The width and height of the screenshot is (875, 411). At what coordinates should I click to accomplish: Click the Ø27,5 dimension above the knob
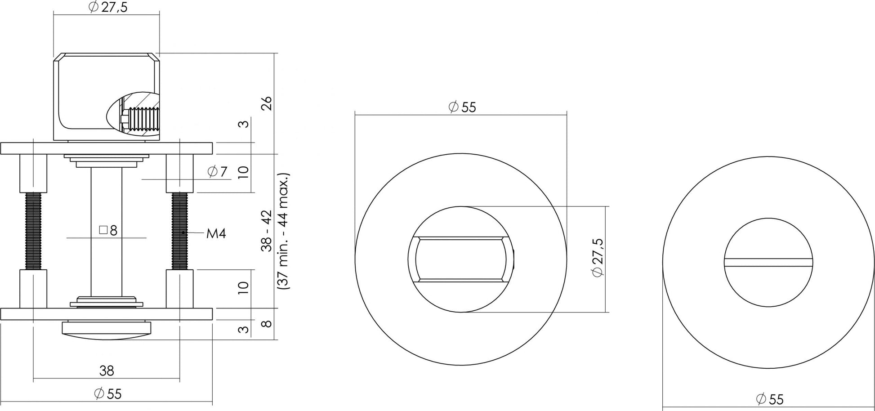click(x=108, y=7)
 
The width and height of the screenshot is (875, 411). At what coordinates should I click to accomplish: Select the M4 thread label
click(x=216, y=233)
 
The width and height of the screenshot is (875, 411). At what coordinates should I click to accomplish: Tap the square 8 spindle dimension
click(x=108, y=231)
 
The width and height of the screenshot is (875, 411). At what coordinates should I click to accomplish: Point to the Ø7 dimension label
click(x=218, y=171)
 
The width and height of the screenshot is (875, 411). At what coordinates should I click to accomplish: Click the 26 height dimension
click(x=267, y=103)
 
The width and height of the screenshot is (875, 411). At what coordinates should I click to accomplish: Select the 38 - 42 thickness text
click(x=267, y=231)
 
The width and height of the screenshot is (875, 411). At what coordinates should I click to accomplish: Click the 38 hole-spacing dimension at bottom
click(x=107, y=371)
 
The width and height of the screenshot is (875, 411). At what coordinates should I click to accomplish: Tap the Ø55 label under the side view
click(x=108, y=394)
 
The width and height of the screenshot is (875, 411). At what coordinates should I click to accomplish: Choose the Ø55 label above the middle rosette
click(x=462, y=107)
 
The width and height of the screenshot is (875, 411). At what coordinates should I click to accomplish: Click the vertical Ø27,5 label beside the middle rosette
click(x=598, y=258)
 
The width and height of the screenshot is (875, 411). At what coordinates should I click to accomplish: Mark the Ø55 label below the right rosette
click(x=769, y=399)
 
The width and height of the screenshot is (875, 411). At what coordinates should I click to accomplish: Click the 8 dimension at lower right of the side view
click(x=267, y=323)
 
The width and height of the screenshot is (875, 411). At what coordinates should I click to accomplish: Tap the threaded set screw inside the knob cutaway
click(x=143, y=119)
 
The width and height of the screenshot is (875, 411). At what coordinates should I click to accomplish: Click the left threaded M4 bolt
click(x=33, y=231)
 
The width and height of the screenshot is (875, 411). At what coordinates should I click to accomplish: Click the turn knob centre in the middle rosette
click(x=461, y=259)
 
